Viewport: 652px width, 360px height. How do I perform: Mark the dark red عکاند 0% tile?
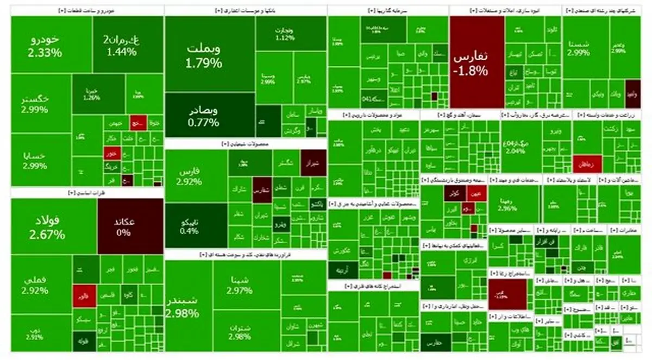(x=130, y=225)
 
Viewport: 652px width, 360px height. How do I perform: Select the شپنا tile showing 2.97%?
(x=242, y=285)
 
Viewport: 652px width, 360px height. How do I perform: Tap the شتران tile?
(x=242, y=331)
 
